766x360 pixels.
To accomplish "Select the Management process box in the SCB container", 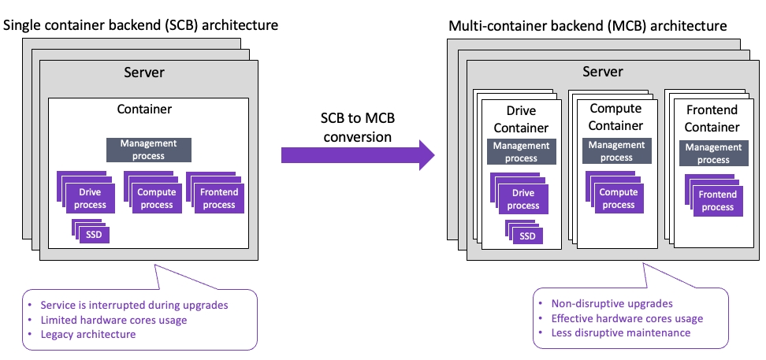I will pos(149,150).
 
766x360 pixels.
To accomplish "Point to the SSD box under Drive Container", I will pos(526,236).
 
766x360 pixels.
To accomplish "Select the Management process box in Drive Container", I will pos(521,152).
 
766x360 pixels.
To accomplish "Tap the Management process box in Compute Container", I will pos(616,151).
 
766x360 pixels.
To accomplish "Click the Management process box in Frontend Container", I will pos(712,154).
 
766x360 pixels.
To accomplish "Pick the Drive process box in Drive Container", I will pos(523,200).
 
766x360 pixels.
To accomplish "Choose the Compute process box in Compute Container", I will pos(618,199).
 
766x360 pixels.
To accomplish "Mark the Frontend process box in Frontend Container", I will pos(717,201).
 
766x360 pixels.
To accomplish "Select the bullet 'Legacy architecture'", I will pos(88,334).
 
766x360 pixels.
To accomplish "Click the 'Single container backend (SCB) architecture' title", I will pos(141,25).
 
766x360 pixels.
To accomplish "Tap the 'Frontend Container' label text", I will pos(712,118).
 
